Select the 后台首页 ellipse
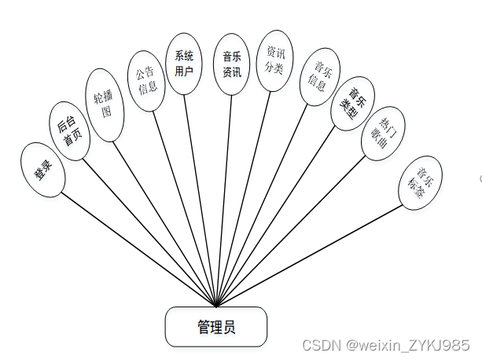point(70,130)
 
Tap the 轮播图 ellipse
point(103,105)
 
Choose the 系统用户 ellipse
point(186,64)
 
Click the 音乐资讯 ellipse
point(232,64)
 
